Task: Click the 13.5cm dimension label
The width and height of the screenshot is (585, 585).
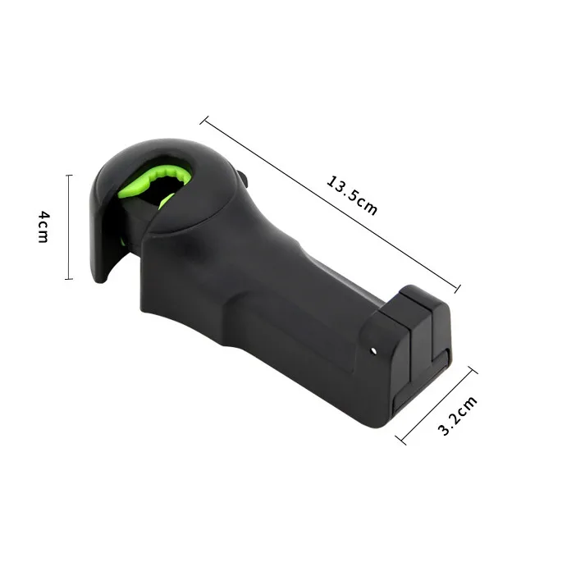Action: [x=352, y=195]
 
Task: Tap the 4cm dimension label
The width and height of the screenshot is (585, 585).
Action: [x=43, y=226]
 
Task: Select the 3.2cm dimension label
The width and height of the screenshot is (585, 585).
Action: [x=457, y=416]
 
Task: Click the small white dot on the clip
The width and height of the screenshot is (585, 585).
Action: [x=373, y=350]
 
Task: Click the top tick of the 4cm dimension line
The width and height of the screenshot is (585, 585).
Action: [x=69, y=175]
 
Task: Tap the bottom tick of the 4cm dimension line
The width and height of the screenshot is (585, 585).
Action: [x=69, y=279]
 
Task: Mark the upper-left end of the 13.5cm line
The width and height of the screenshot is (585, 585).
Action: [x=204, y=120]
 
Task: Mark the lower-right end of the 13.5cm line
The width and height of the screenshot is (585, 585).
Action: [x=457, y=288]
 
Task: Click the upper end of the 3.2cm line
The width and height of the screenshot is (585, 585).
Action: [x=473, y=370]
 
